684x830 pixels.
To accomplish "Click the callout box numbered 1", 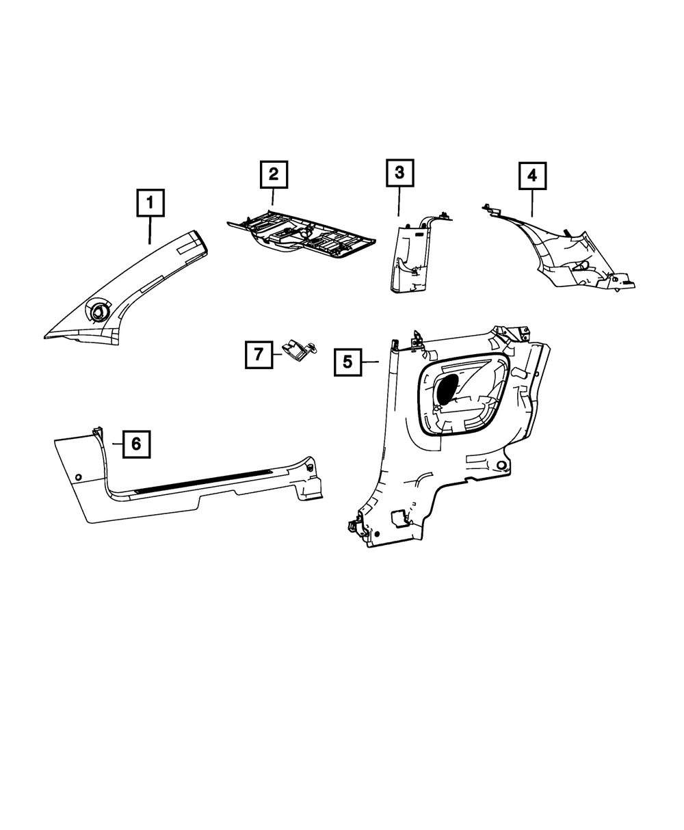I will click(150, 204).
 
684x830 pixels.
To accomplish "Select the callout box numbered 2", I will click(274, 174).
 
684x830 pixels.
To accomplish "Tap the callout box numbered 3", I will click(399, 174).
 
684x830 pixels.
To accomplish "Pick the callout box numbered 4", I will click(532, 176).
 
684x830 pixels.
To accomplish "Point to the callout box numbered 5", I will click(348, 362).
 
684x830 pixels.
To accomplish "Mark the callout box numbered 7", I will click(259, 354).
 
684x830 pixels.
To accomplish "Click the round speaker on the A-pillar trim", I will click(96, 310).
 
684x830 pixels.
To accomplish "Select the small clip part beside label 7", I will click(299, 351).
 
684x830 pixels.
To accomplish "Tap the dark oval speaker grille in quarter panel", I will click(449, 388).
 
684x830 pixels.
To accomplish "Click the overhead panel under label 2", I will click(301, 238).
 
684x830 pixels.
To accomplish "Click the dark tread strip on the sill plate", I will click(205, 481).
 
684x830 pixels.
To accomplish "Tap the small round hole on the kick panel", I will click(79, 476).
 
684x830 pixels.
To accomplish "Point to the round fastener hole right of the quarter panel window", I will click(503, 466).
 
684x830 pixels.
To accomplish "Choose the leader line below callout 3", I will click(399, 202).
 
